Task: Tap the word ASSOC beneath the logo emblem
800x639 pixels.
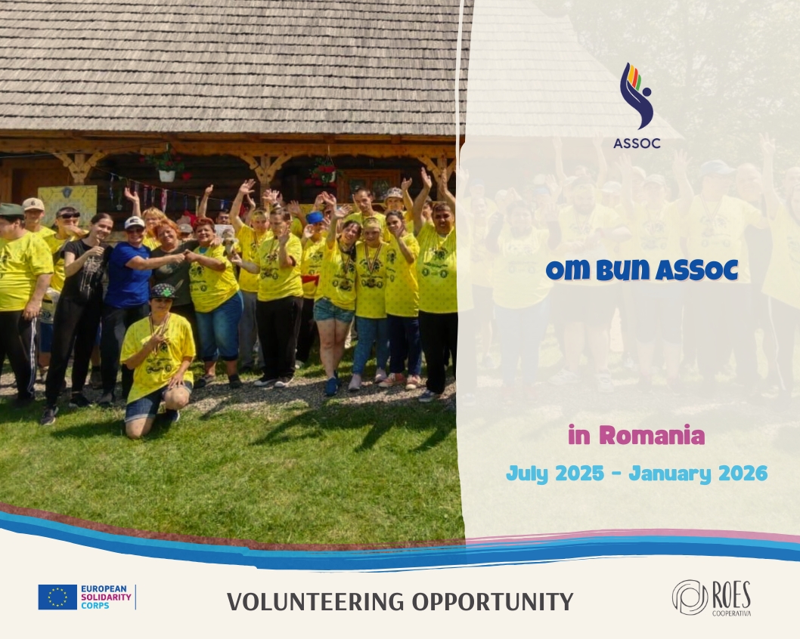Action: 637,144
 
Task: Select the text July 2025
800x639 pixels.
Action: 555,474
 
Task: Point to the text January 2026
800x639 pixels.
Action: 698,474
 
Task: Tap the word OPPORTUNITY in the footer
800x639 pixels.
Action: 493,602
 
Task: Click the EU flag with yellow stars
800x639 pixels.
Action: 57,597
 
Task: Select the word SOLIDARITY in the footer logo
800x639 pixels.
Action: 106,597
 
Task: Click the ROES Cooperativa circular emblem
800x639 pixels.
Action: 690,597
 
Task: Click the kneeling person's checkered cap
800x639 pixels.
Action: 163,291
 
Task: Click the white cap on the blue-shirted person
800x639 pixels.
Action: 134,223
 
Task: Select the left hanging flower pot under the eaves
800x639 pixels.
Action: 167,175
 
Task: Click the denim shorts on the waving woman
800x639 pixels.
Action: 333,310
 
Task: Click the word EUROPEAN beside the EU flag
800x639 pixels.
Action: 104,589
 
